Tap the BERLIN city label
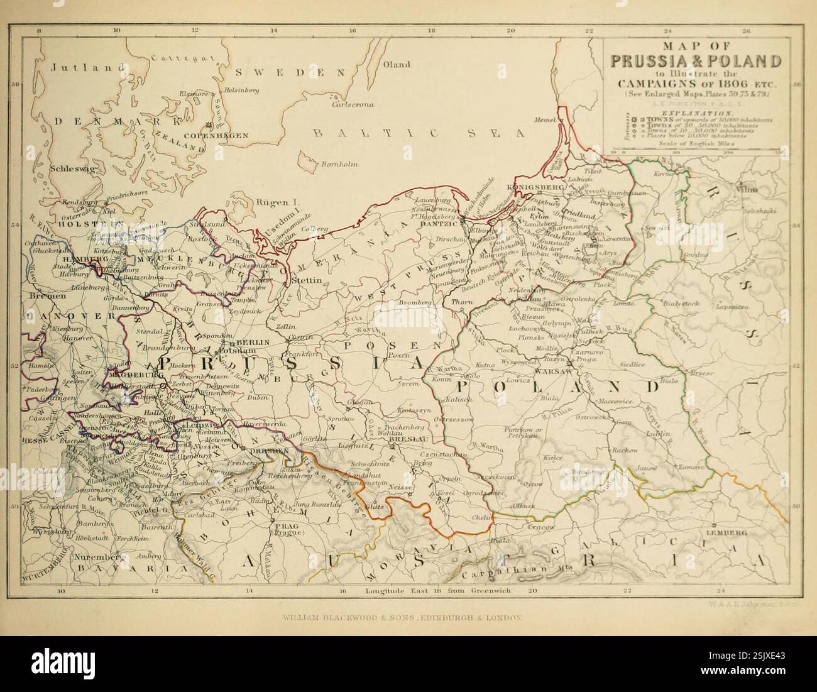pyautogui.click(x=254, y=342)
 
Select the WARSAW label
pyautogui.click(x=551, y=371)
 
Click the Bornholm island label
pyautogui.click(x=339, y=165)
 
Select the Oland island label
pyautogui.click(x=397, y=64)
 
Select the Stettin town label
pyautogui.click(x=307, y=281)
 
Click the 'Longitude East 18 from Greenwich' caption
pyautogui.click(x=438, y=591)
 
